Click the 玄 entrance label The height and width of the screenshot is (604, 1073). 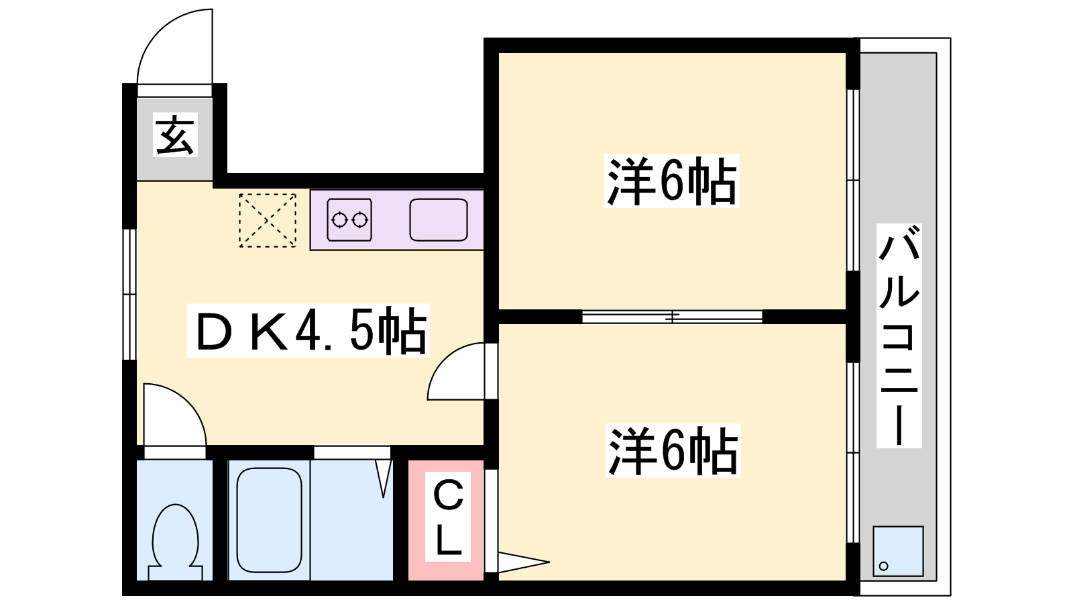[x=175, y=135]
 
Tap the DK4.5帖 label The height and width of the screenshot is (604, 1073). [x=308, y=331]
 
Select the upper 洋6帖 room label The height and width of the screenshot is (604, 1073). [x=671, y=181]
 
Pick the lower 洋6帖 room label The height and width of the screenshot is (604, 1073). [x=673, y=450]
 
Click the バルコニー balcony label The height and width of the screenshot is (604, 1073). [x=899, y=336]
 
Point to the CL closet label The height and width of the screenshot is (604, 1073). [x=448, y=517]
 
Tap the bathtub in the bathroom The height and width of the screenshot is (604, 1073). [x=269, y=520]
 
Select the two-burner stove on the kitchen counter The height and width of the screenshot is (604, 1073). [x=349, y=219]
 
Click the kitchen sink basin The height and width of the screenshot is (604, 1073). [x=439, y=219]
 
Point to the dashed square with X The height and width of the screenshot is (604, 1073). [x=268, y=221]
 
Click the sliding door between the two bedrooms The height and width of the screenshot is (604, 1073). [x=672, y=316]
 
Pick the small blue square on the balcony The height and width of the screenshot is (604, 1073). [x=898, y=551]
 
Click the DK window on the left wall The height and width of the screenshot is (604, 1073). [x=129, y=295]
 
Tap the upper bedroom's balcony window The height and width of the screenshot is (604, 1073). [x=852, y=181]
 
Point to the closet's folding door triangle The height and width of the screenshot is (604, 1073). [x=524, y=562]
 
